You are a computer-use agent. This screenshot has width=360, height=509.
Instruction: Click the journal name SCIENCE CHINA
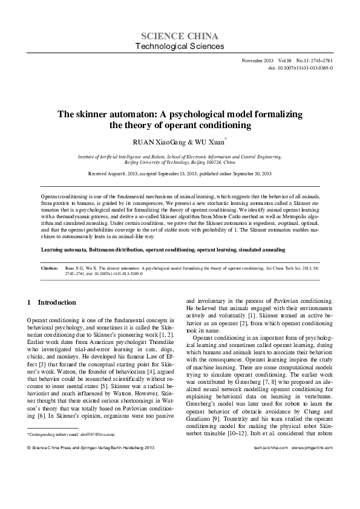coord(180,36)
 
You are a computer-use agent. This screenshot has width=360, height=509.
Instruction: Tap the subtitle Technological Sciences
coord(180,47)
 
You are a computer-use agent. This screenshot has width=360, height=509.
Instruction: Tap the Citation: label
coord(50,266)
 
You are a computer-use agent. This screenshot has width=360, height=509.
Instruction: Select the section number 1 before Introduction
coord(30,302)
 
